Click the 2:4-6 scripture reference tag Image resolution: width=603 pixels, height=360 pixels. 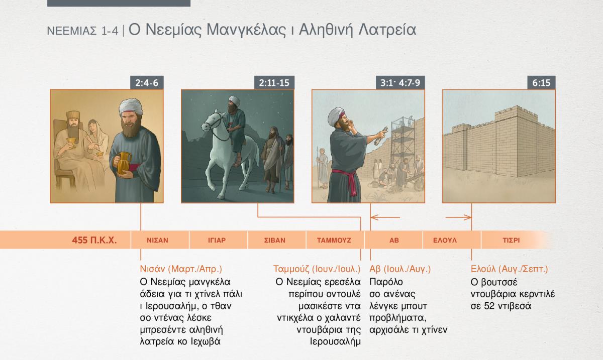(x=147, y=83)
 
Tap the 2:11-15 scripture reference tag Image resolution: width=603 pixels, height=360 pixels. (x=274, y=83)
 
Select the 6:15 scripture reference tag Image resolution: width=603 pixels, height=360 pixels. (x=541, y=83)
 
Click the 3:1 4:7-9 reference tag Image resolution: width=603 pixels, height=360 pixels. (x=400, y=83)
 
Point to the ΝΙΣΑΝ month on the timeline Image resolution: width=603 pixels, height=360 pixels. (x=157, y=241)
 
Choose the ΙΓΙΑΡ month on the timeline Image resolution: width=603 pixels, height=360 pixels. (x=217, y=241)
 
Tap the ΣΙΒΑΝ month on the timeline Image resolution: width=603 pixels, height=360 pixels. (x=274, y=241)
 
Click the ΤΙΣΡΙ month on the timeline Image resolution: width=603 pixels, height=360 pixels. (x=511, y=241)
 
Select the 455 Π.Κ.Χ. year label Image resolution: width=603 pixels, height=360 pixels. (x=94, y=240)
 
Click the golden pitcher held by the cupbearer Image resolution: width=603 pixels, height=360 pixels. (x=124, y=163)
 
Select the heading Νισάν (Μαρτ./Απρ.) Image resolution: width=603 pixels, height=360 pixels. (x=181, y=269)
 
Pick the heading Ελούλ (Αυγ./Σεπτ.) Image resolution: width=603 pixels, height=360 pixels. (x=510, y=269)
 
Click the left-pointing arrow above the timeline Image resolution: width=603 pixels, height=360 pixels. (x=385, y=217)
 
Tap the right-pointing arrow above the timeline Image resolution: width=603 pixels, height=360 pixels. (x=458, y=217)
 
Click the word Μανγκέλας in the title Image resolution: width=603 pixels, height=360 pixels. (x=246, y=30)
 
